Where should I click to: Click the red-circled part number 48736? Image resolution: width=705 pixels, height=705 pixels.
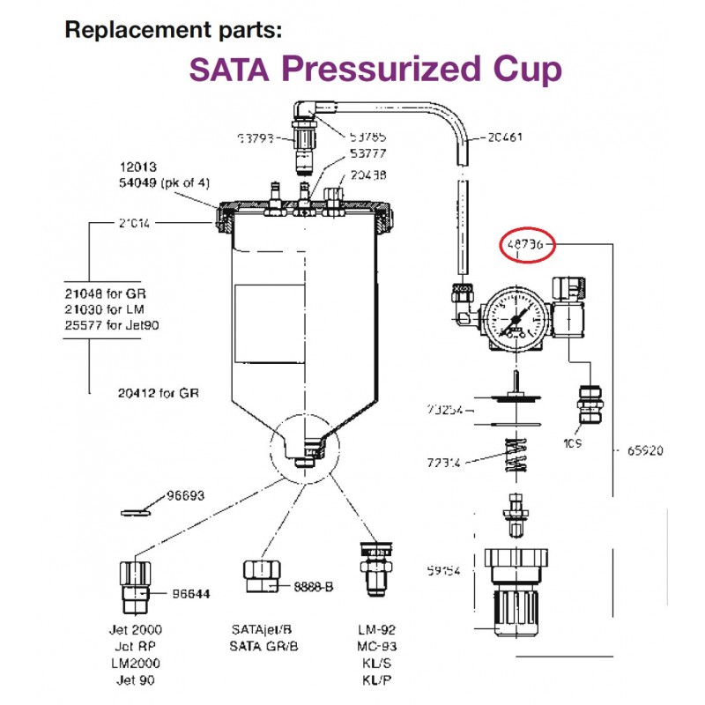click(526, 244)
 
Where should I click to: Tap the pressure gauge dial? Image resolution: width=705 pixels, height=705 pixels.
click(511, 320)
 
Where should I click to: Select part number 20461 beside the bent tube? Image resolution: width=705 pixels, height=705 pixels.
click(504, 137)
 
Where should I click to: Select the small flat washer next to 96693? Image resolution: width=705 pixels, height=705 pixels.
click(135, 509)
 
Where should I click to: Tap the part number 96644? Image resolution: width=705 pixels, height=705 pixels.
click(191, 593)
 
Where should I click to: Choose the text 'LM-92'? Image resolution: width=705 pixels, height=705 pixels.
click(376, 630)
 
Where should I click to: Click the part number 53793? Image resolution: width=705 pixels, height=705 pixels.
click(256, 138)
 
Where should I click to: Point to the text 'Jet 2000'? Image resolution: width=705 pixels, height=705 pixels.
click(139, 630)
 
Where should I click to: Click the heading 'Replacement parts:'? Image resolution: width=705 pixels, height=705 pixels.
click(173, 30)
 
